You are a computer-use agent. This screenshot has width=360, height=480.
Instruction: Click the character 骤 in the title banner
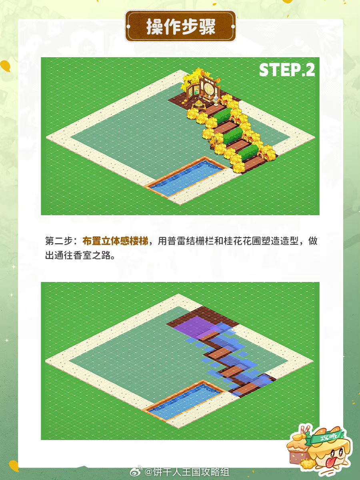(207, 27)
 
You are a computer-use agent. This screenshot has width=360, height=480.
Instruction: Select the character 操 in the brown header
(155, 27)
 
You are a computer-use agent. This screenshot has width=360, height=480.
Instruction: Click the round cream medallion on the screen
(208, 88)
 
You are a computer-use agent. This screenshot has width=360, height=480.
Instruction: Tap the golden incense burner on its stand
(199, 105)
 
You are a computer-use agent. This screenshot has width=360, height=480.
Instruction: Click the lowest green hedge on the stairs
(249, 152)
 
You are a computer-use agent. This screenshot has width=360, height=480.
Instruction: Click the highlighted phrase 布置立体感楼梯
(116, 241)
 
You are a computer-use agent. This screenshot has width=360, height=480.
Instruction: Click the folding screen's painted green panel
(196, 90)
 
